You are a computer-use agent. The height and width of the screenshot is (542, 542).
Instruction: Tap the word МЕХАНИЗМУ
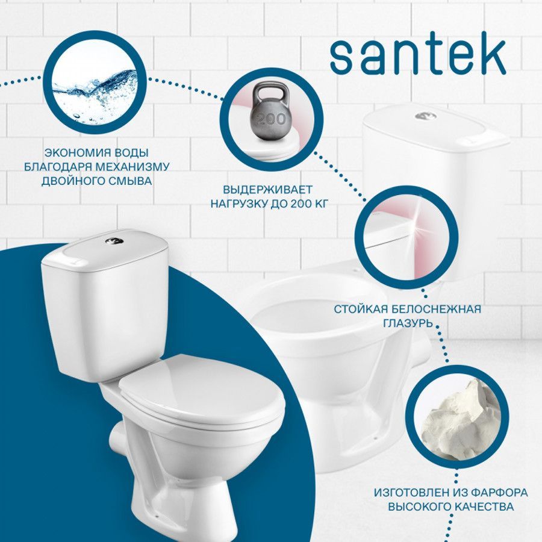click(x=132, y=167)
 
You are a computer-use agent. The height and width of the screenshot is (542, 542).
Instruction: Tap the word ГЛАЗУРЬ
click(x=408, y=323)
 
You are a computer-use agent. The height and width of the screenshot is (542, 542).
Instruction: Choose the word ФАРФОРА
click(x=499, y=492)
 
